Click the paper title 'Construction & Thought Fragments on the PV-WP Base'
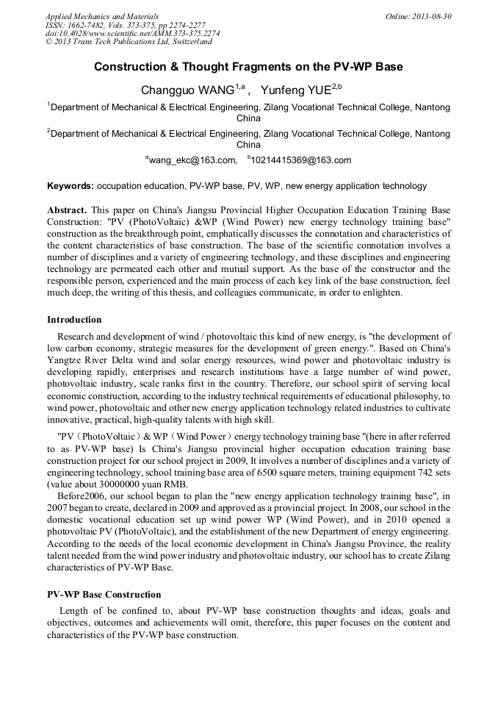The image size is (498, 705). (248, 67)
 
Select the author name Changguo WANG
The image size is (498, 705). (187, 90)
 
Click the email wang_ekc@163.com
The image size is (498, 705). (193, 160)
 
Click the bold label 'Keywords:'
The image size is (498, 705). (71, 187)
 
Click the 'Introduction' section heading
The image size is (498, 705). (74, 320)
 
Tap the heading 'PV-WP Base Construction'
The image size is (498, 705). (104, 595)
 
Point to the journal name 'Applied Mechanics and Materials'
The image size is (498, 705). (102, 16)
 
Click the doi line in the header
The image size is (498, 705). (132, 33)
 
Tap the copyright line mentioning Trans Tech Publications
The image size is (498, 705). (129, 42)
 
